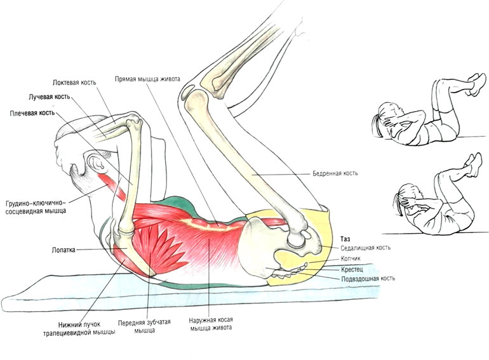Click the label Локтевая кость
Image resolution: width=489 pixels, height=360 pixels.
pos(74,83)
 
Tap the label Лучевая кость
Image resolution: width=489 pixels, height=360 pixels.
pos(50,97)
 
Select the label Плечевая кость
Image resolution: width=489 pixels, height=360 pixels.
pos(32,113)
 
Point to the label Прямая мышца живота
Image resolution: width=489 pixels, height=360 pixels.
pos(147,79)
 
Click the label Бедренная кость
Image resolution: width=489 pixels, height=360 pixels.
pos(335,173)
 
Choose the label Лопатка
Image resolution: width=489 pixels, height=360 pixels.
pos(64,250)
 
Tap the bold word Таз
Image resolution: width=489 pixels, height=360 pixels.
pos(345,239)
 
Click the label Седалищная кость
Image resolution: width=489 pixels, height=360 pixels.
pos(365,248)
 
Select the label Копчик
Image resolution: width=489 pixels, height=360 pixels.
pos(351,258)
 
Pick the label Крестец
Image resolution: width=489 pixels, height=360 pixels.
pos(352,269)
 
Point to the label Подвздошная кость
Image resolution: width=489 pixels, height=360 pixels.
pos(368,279)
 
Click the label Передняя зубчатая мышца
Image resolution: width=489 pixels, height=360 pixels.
pos(144,326)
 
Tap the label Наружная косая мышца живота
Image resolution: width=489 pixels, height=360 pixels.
pos(211,324)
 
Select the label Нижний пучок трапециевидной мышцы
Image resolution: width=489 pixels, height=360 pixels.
pos(79,328)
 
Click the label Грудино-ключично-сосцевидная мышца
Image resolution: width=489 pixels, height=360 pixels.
pos(36,207)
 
